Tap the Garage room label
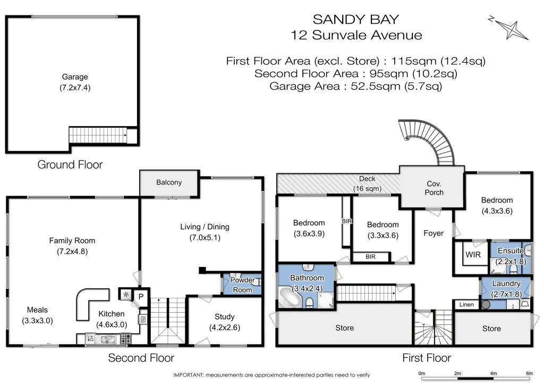(74, 77)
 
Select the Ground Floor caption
(70, 164)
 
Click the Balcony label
(169, 182)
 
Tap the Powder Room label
(242, 285)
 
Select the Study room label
(225, 317)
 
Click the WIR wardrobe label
(473, 255)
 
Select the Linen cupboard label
(466, 305)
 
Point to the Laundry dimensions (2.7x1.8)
(506, 294)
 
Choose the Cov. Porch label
(434, 188)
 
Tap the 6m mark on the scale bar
(529, 373)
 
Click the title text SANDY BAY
(356, 19)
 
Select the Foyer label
(433, 233)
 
